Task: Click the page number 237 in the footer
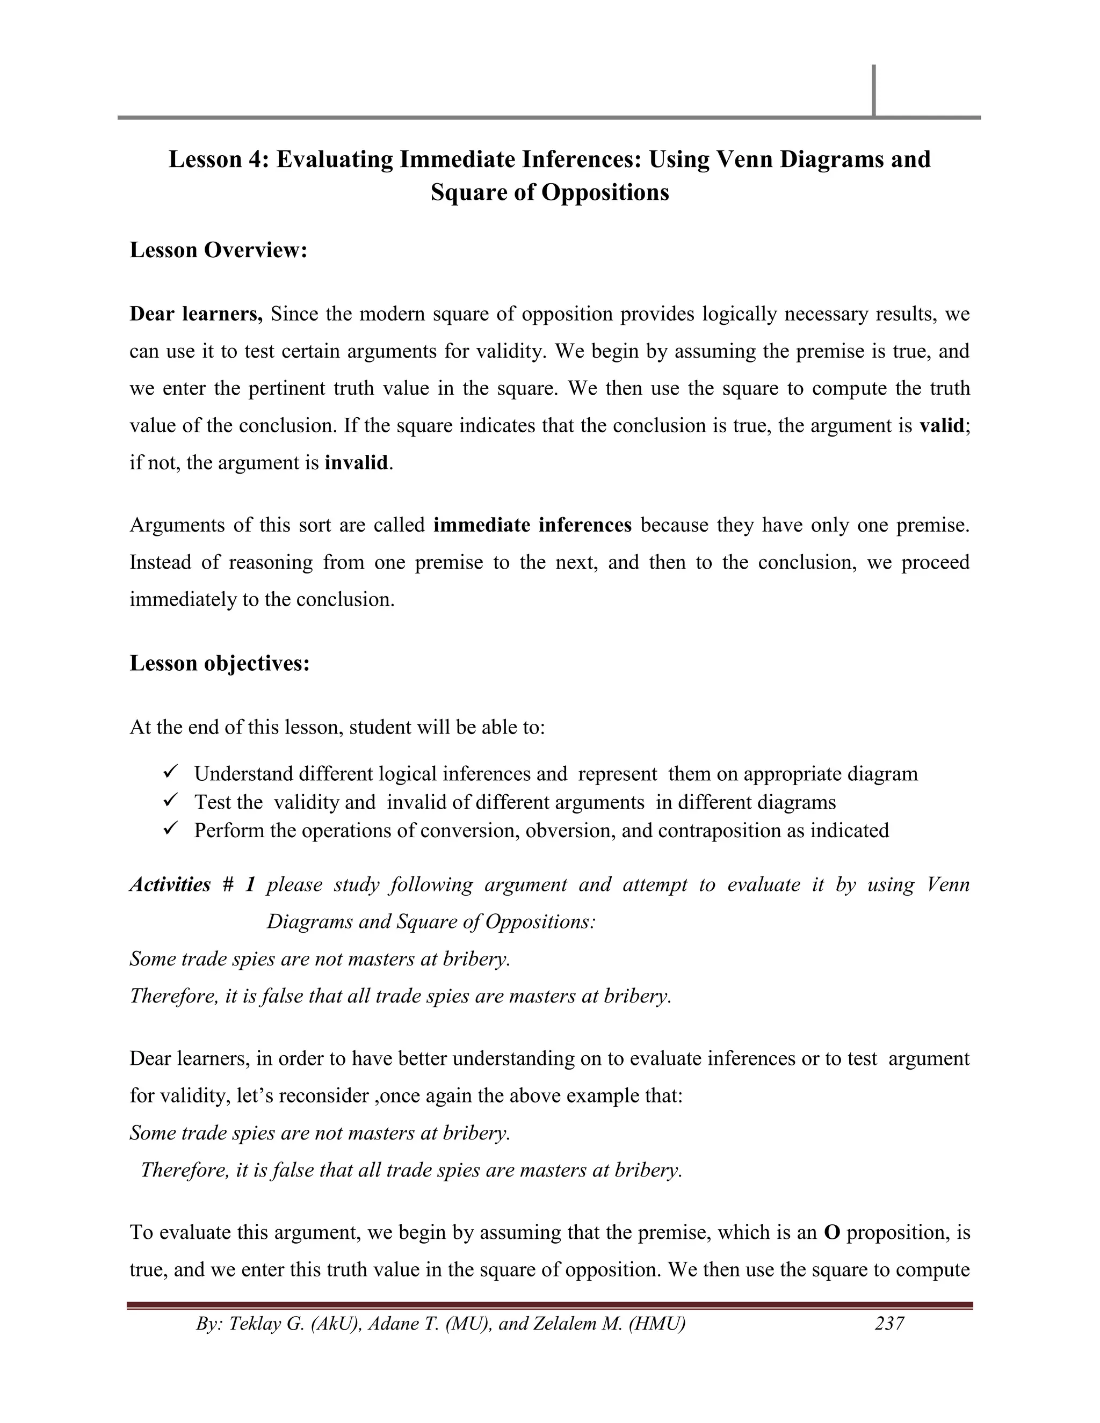tap(889, 1323)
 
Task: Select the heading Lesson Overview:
tap(218, 250)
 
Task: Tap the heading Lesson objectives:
tap(220, 663)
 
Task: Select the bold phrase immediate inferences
tap(532, 525)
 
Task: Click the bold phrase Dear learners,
tap(196, 314)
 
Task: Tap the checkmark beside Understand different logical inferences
tap(171, 772)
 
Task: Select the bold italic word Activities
tap(170, 885)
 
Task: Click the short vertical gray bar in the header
tap(873, 91)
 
